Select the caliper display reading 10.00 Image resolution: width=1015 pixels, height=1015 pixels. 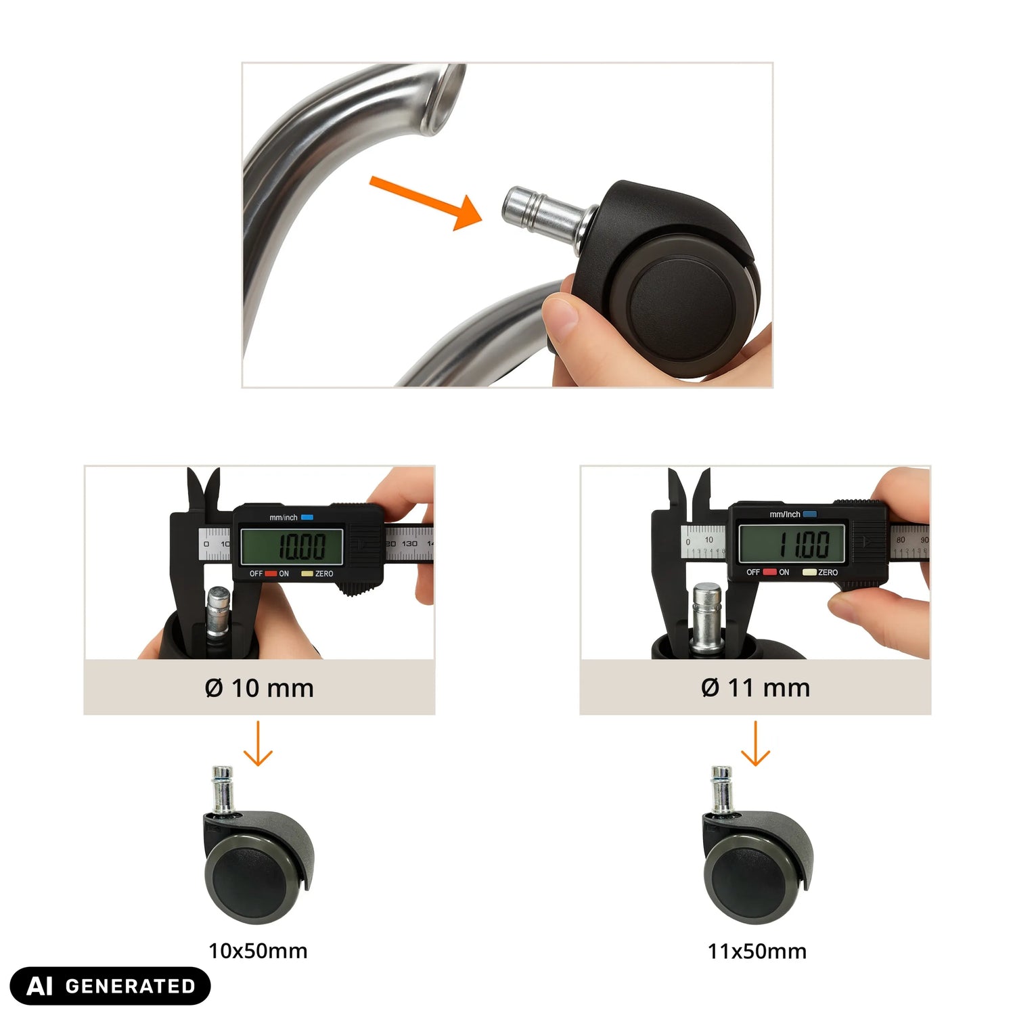(292, 545)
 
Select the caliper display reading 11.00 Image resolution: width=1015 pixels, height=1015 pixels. (792, 543)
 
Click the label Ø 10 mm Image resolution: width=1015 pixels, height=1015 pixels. (259, 688)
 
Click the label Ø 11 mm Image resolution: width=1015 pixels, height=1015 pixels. (756, 687)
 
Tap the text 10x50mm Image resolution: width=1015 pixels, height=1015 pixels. (258, 951)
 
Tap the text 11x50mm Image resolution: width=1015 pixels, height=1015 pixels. (757, 951)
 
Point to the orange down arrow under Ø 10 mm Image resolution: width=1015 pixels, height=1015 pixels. (258, 743)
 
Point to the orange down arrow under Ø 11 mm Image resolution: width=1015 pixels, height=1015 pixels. (755, 743)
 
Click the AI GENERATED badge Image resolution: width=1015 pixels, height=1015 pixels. (110, 986)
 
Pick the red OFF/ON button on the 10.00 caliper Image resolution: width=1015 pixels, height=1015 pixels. (271, 574)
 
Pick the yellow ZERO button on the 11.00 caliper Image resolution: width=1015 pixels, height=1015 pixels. (809, 572)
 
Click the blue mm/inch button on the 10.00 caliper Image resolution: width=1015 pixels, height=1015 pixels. (307, 518)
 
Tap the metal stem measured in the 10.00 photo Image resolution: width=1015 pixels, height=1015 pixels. (218, 612)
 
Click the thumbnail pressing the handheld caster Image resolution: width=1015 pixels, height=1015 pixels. (564, 314)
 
